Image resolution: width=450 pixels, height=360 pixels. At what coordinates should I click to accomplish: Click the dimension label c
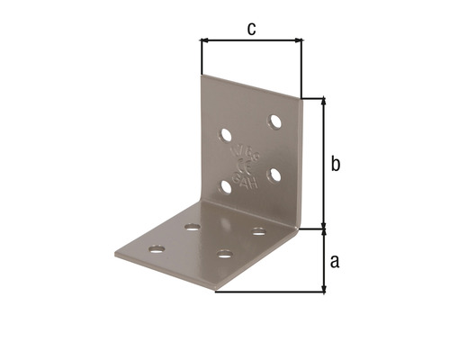pos(252,29)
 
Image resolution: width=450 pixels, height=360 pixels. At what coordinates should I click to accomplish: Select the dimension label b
pos(335,164)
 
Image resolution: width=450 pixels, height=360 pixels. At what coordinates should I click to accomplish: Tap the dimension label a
pos(335,261)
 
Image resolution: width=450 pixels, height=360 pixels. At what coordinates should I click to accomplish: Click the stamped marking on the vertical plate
pos(242,163)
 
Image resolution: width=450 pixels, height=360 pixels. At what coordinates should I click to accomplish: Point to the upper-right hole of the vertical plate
pos(274,121)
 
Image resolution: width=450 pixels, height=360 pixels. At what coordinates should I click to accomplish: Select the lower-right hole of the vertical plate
pos(274,173)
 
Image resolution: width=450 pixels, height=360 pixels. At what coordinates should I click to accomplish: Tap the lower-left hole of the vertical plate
pos(226,187)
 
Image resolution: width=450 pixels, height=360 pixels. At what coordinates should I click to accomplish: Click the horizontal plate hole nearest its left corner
pos(157,247)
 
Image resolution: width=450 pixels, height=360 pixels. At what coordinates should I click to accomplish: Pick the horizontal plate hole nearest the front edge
pos(224,253)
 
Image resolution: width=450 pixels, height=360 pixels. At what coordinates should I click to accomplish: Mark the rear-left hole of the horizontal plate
pos(192,226)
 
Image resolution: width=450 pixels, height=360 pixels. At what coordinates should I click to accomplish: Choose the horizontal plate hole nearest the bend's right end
pos(258,231)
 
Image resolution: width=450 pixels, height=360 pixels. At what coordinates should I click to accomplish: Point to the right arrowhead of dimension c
pos(300,40)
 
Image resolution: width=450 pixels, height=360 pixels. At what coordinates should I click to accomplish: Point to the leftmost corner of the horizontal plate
pos(118,250)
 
